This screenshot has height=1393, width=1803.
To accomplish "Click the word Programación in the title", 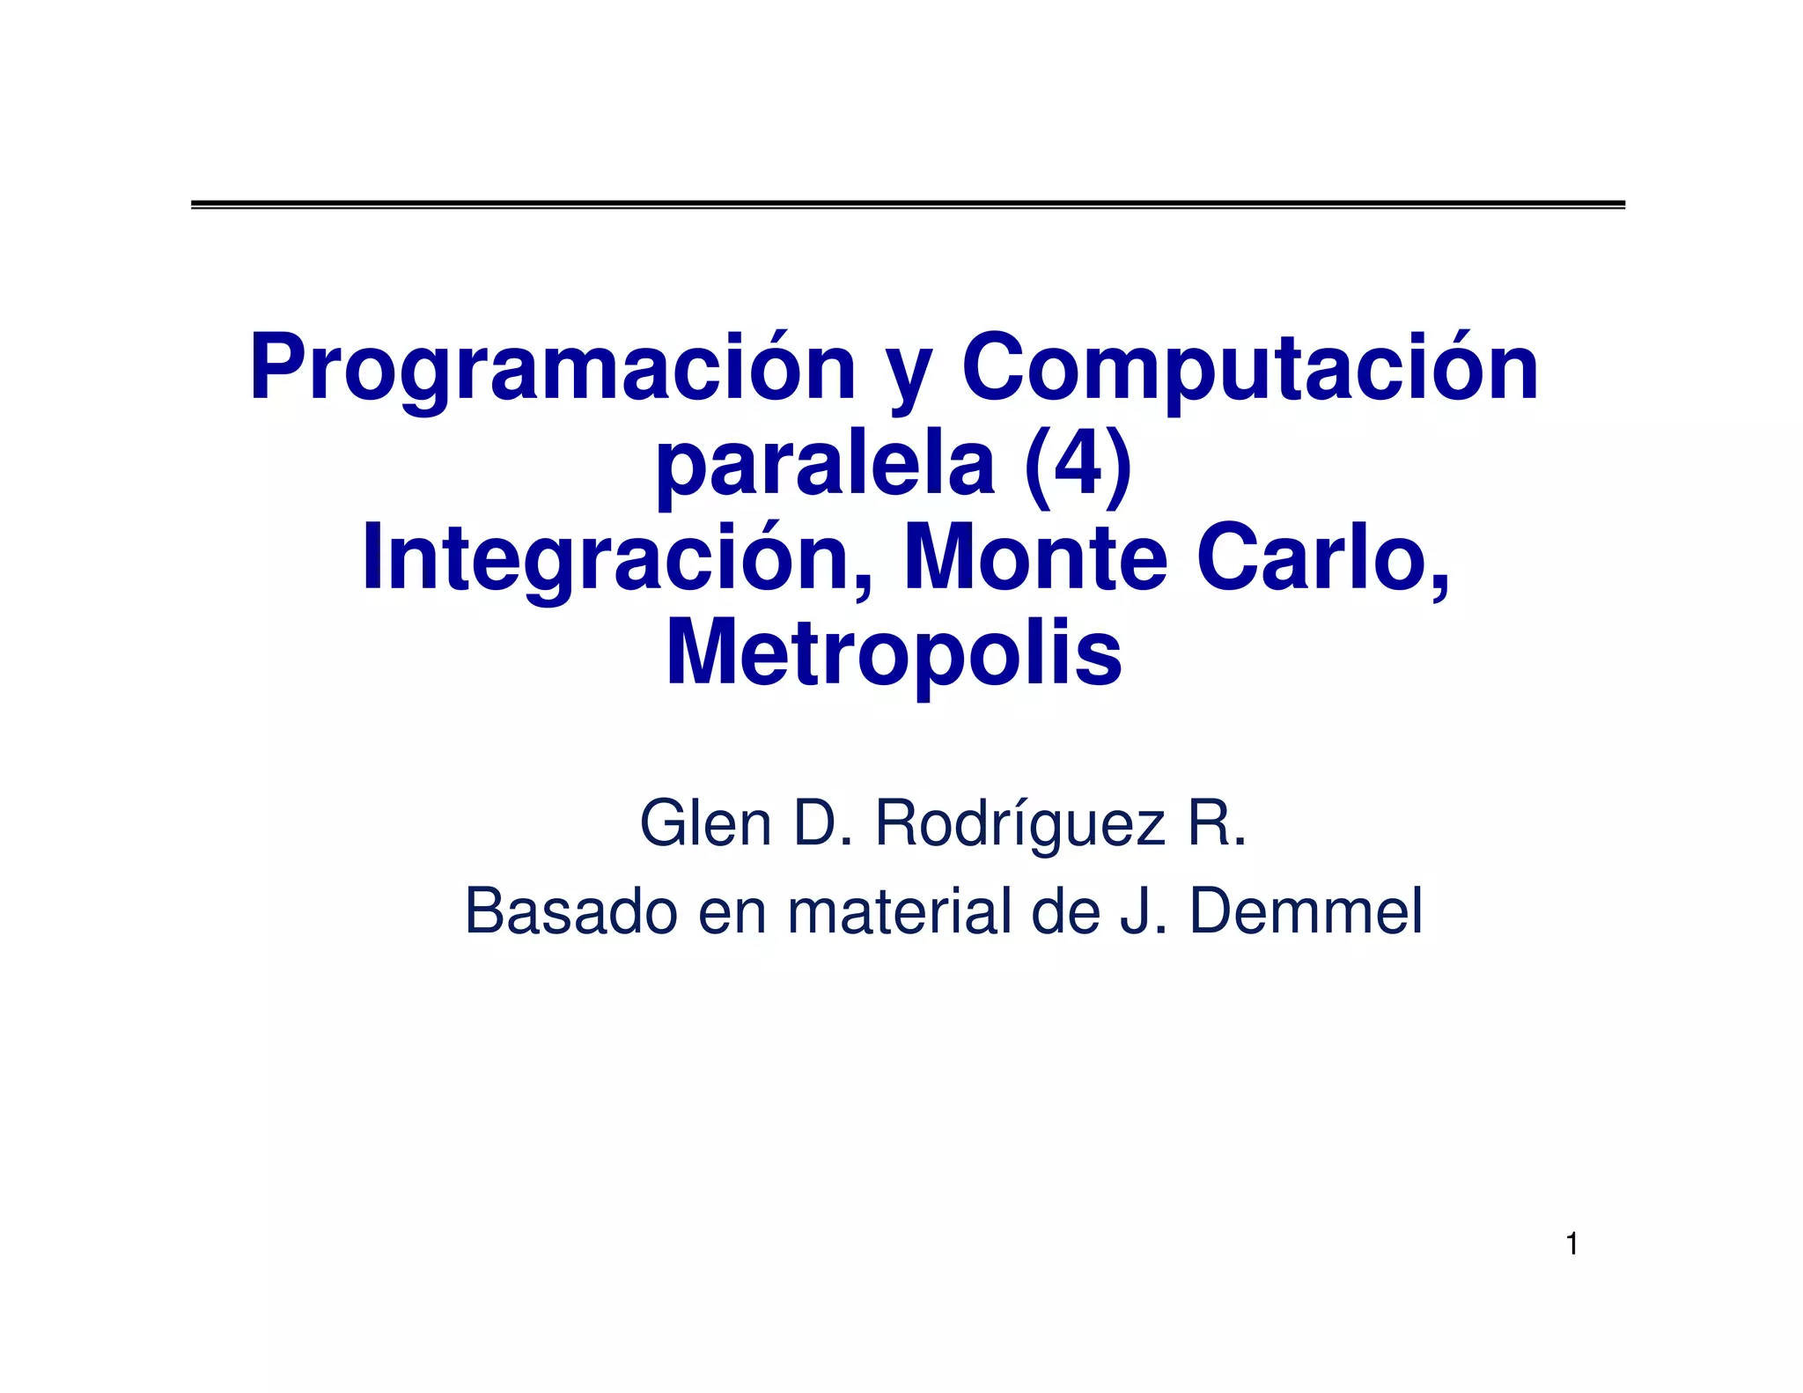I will (x=553, y=368).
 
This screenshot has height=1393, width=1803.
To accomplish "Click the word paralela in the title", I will (x=825, y=464).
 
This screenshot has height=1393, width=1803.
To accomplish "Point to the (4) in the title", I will (x=1078, y=464).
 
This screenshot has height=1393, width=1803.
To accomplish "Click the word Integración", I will (x=618, y=559).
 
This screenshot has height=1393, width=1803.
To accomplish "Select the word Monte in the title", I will (x=1035, y=559).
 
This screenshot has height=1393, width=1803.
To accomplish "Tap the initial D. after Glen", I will (x=822, y=823).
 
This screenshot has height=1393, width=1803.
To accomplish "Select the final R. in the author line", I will (x=1217, y=823).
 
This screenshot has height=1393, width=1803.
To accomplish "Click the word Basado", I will (x=570, y=911).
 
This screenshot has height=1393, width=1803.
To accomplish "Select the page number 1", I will (x=1571, y=1244).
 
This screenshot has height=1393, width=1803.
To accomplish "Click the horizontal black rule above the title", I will (x=908, y=204).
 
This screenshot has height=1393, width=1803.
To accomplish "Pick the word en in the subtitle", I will (x=732, y=913).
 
